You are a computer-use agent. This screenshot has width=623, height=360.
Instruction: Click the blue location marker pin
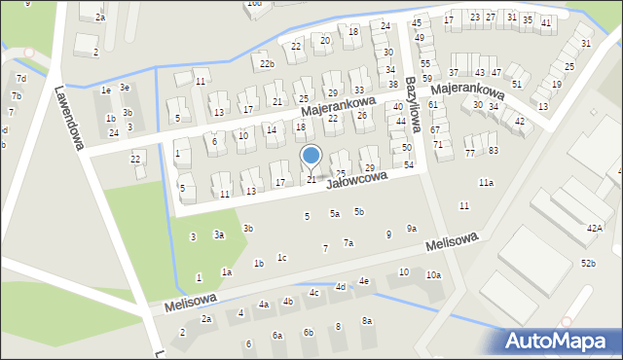point(311,156)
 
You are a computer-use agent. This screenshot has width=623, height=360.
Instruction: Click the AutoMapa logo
point(561,341)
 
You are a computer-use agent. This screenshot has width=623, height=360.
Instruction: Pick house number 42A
point(594,228)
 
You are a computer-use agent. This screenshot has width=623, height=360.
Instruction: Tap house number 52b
point(588,263)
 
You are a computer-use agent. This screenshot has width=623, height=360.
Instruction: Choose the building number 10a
point(432,274)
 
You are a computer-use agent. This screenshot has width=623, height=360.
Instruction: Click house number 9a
point(412,229)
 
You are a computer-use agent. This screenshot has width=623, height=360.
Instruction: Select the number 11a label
point(486,182)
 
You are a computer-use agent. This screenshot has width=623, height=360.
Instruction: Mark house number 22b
point(267,64)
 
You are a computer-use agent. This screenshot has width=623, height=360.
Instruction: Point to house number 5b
point(359,211)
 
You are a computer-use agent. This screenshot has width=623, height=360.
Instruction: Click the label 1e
point(105,90)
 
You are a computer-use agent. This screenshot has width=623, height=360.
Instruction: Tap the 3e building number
point(125,88)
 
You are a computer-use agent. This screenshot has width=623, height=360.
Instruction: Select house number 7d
point(20,78)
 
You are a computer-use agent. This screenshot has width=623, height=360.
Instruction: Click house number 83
point(494,150)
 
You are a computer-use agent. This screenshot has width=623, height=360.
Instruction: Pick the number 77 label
point(470,153)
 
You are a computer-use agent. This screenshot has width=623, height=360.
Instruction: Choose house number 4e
point(363,281)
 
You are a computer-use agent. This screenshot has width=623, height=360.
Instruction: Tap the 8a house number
point(367,321)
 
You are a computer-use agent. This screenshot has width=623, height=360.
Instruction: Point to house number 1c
point(281,258)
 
